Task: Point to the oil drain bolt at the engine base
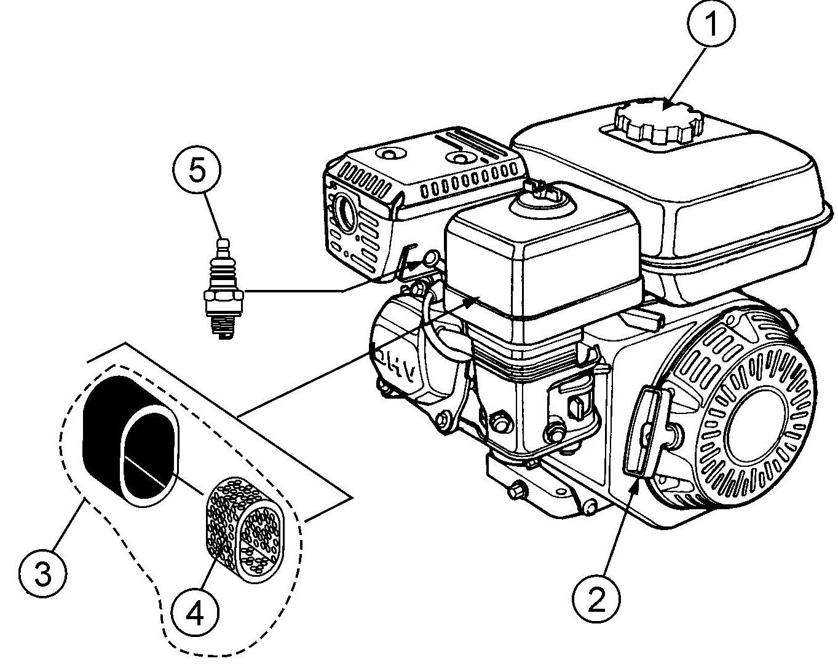(x=517, y=492)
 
